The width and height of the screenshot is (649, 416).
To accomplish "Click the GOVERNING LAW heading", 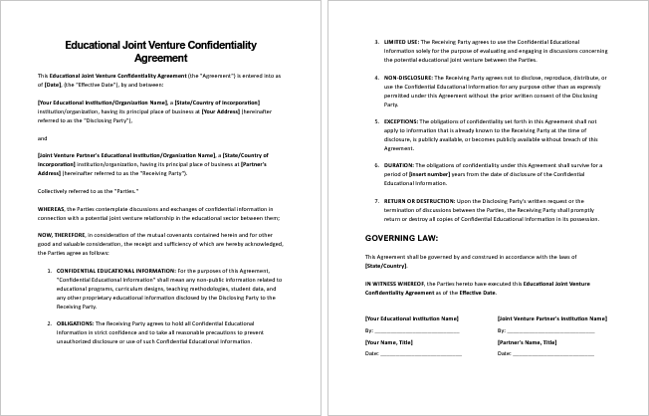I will point(402,239).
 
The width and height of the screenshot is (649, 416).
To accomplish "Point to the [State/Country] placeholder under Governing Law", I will point(386,266).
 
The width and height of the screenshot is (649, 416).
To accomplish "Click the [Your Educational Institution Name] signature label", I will point(412,317).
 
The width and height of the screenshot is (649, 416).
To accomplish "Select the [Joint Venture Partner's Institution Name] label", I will point(551,317).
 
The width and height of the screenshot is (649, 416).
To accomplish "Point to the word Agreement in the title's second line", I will point(160,59).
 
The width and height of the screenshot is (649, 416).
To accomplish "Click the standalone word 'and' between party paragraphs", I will point(42,137).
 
